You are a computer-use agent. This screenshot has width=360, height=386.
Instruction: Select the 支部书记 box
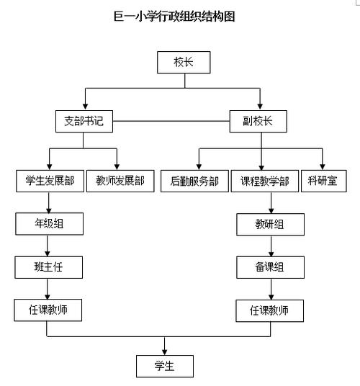click(84, 122)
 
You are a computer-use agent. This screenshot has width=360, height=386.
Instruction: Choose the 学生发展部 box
click(49, 181)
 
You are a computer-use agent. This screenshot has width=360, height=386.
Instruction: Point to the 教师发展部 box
click(120, 181)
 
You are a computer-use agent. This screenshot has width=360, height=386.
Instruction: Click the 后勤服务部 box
click(194, 181)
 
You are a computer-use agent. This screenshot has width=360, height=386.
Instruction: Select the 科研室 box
click(322, 181)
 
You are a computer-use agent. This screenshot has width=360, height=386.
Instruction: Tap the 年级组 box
click(48, 224)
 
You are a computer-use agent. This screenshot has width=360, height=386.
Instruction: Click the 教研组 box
click(270, 225)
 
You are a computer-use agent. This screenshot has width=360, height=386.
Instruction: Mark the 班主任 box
click(48, 267)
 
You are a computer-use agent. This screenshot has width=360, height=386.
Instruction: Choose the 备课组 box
click(270, 268)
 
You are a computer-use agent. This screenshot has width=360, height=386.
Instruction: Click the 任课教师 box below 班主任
click(48, 310)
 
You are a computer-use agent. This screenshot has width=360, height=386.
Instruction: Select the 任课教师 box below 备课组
click(270, 311)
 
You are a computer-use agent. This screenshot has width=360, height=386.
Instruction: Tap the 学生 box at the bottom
click(165, 366)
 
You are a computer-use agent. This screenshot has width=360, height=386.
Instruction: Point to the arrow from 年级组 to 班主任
click(48, 246)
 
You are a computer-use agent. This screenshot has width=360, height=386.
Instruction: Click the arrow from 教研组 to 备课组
click(270, 246)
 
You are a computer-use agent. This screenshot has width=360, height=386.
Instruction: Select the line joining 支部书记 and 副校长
click(171, 122)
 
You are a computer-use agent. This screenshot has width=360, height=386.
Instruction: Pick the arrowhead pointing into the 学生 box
click(165, 351)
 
